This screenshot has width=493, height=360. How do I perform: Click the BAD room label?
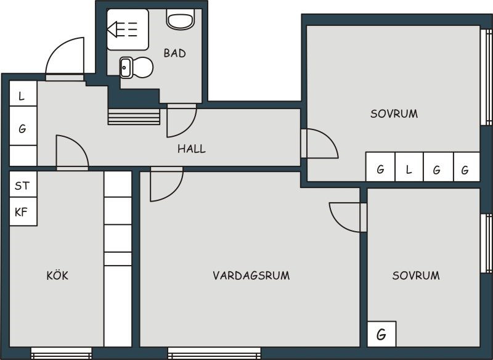[175, 53]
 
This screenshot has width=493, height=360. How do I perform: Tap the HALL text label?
[192, 149]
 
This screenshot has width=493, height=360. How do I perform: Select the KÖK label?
[57, 275]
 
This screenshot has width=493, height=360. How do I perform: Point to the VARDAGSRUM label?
[251, 276]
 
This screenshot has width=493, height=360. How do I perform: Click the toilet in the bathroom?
[179, 19]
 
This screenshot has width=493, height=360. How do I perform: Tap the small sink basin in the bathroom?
[126, 68]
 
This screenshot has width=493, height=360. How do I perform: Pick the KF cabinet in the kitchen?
[23, 211]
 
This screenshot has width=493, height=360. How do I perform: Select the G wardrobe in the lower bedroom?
[381, 334]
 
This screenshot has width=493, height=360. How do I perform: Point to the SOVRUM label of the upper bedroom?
[394, 114]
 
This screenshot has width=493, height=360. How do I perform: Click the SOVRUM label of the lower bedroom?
[416, 276]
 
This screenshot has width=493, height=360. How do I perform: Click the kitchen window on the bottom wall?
[61, 353]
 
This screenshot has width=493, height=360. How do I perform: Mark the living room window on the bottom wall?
[214, 353]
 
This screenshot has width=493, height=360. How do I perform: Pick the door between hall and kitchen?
[72, 152]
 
